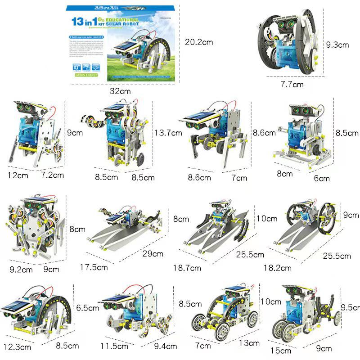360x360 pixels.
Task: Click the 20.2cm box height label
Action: [x=199, y=42]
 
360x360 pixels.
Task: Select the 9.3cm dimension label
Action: [x=337, y=45]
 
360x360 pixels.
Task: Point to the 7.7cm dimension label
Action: [x=292, y=84]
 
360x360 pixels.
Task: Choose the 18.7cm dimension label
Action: [x=187, y=268]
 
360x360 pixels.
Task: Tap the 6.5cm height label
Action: [x=88, y=308]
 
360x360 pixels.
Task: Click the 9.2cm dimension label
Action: [x=21, y=270]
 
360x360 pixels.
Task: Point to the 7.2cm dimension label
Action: [x=52, y=175]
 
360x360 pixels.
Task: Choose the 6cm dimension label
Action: [x=322, y=178]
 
